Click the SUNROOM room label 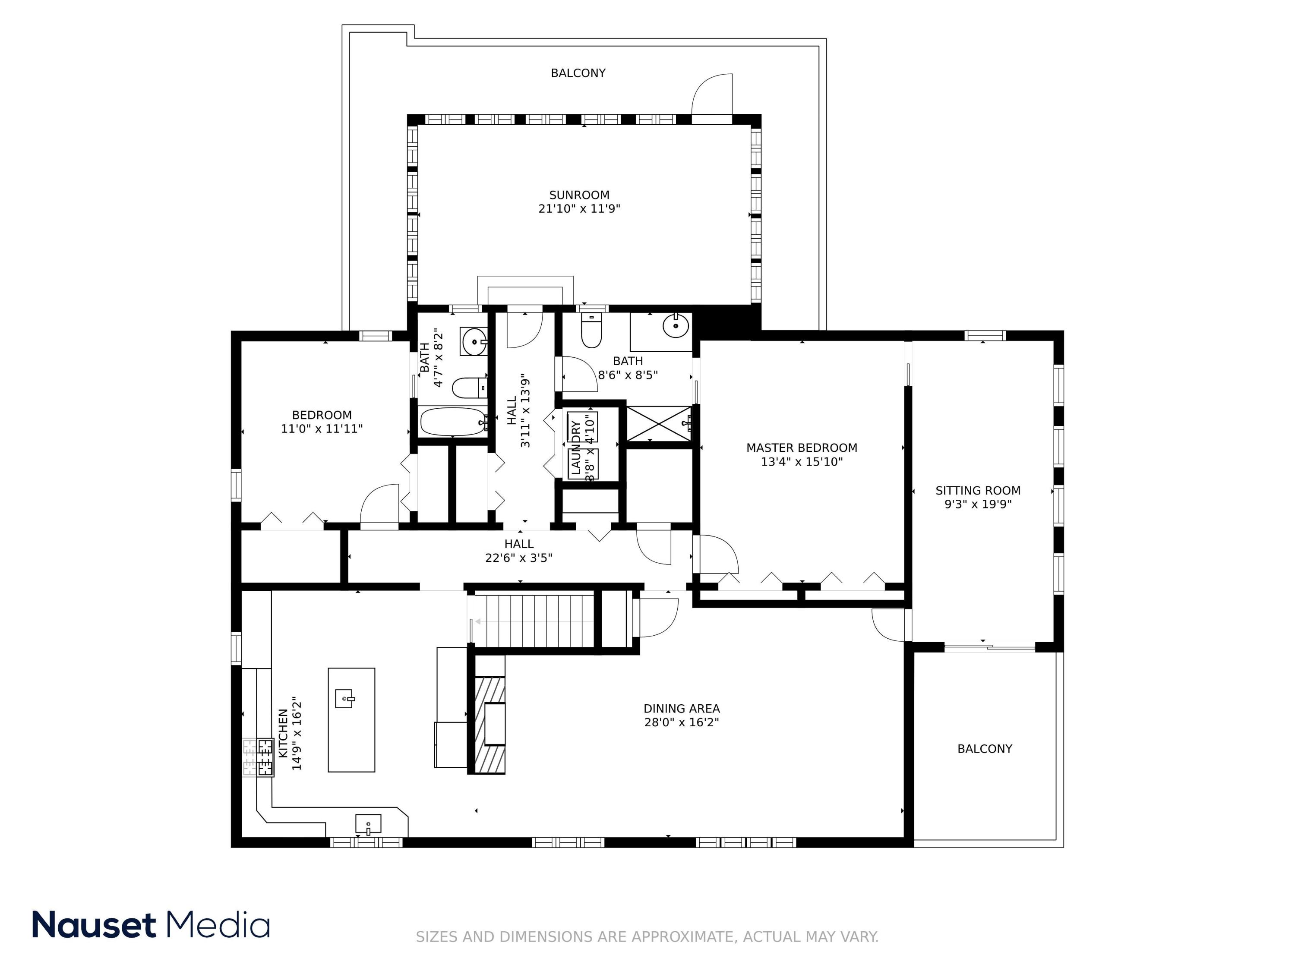(579, 195)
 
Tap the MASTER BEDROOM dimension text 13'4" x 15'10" (802, 462)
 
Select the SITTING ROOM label (978, 491)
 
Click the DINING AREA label (682, 709)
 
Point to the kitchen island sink (345, 698)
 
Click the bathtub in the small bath (454, 421)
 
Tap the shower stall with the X (659, 424)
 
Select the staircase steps (534, 621)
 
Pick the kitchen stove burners (259, 757)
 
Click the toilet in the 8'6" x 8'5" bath (591, 331)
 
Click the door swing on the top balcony (712, 94)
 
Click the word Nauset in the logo (94, 925)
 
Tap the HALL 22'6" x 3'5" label (519, 551)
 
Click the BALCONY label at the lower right (985, 749)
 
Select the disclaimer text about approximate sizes (647, 937)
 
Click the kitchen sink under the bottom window (368, 824)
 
